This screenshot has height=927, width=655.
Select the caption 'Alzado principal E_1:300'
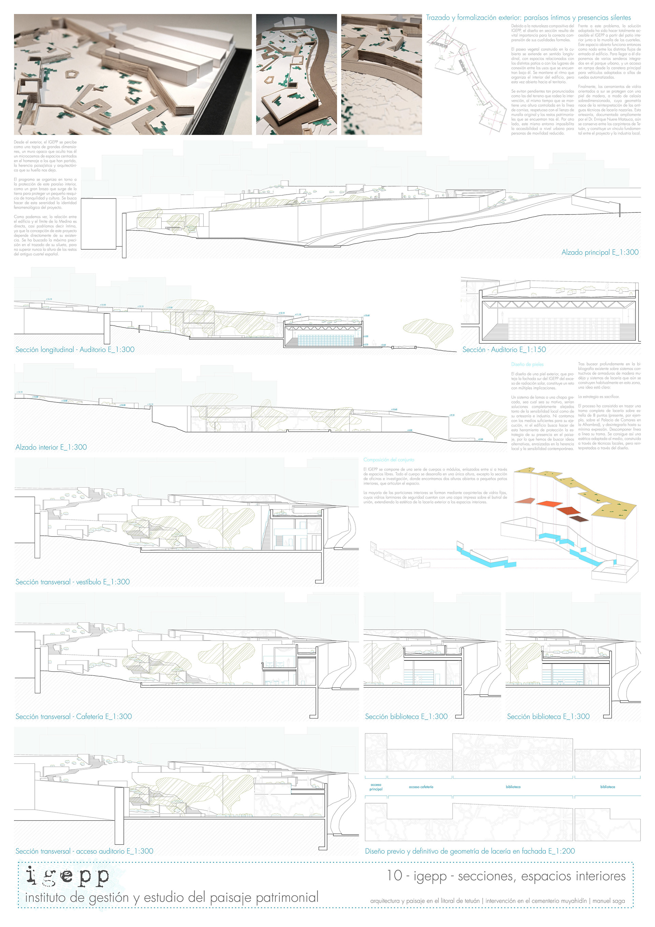click(600, 252)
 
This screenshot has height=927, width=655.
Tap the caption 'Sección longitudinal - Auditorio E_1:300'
click(75, 350)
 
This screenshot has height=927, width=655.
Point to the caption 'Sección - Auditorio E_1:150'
click(504, 350)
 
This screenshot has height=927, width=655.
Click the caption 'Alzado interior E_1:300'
click(51, 447)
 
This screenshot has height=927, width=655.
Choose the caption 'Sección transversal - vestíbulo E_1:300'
click(72, 582)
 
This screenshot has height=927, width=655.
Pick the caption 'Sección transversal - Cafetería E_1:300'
click(73, 716)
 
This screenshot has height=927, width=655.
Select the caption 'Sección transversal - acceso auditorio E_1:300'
click(84, 851)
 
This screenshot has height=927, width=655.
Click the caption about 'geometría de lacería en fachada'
click(470, 851)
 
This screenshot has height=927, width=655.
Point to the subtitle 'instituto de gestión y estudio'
click(172, 898)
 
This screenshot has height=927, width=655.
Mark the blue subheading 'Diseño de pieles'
click(527, 364)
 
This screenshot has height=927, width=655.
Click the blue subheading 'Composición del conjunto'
click(389, 459)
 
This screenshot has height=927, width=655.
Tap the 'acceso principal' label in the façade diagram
click(376, 787)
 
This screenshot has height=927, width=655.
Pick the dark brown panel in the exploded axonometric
click(579, 519)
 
